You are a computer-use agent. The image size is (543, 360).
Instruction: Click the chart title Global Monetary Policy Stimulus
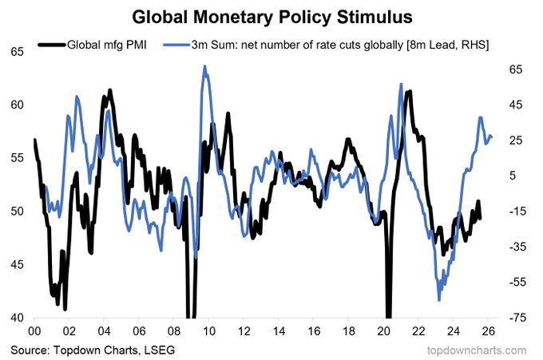coord(272,16)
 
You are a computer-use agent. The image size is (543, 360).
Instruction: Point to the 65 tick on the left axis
coord(17,52)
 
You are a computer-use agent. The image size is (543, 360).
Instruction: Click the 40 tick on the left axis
coord(17,318)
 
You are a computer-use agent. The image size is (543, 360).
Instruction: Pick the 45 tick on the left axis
coord(17,265)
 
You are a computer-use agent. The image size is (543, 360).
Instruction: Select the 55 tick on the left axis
coord(17,158)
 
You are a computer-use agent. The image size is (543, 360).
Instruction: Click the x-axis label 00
coord(34,331)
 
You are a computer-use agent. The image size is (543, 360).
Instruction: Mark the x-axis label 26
coord(488,331)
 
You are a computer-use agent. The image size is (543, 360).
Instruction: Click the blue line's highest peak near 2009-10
coord(204,67)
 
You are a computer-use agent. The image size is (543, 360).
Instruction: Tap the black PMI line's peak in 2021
coord(409,92)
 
